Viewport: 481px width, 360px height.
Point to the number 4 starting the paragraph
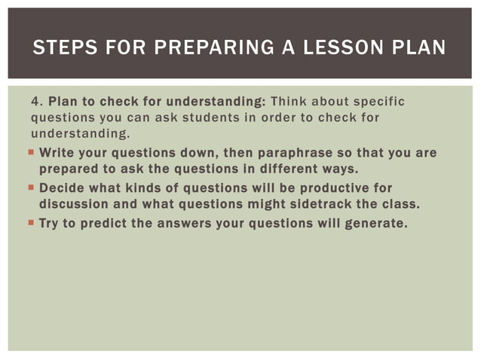pos(35,101)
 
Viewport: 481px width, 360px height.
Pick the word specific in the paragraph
pos(377,101)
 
